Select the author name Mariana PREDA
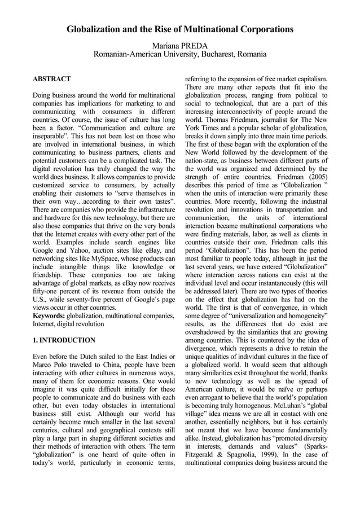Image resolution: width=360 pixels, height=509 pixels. point(180,45)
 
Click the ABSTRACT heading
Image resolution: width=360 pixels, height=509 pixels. point(52,79)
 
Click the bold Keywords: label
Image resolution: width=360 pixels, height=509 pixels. point(50,317)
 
